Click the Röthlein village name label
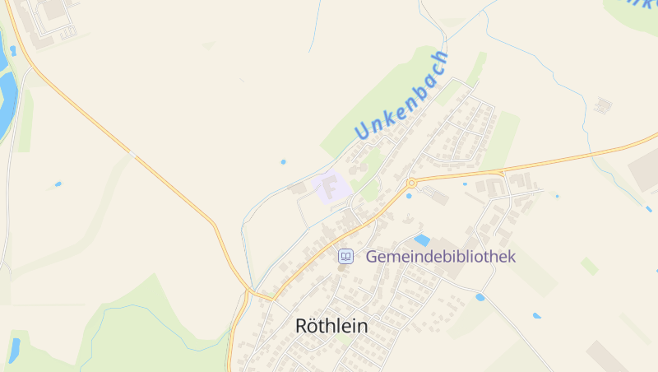331,327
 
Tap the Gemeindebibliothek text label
440,257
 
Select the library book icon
346,257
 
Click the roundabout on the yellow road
410,183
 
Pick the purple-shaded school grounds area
331,188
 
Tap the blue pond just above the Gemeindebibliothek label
422,240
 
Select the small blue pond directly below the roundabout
409,196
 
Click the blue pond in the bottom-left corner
14,350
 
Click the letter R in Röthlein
302,327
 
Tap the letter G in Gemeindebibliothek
372,257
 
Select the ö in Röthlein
316,327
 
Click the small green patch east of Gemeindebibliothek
589,266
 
